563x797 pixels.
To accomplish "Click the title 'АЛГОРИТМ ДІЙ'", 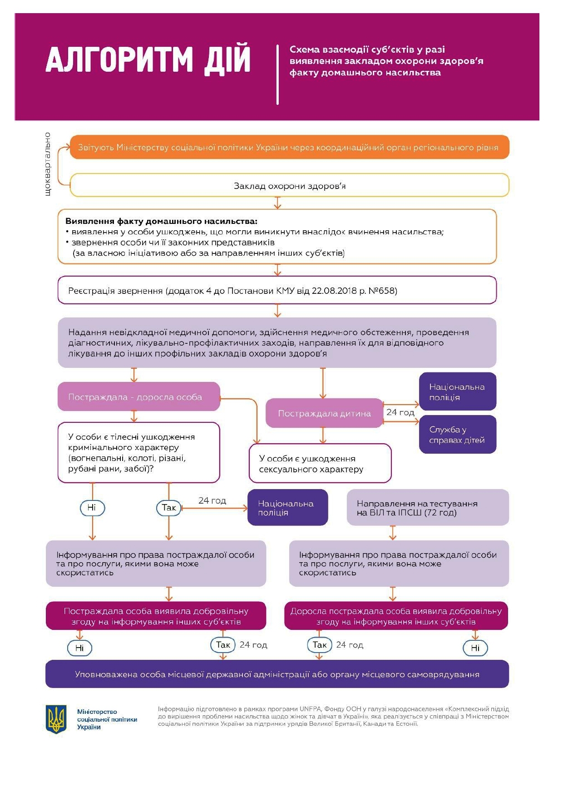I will click(148, 59).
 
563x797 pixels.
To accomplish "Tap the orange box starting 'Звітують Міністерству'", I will click(289, 147).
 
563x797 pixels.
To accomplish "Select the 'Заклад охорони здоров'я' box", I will click(289, 186).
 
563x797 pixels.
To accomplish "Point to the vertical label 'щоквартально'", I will click(48, 164).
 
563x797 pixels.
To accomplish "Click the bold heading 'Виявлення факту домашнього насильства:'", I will click(161, 221).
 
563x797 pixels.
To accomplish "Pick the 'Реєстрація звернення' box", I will click(277, 290).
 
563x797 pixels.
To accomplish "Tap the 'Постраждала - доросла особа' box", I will click(138, 396).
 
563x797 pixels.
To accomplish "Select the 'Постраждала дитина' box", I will click(324, 413).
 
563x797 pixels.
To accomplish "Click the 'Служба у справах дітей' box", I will click(457, 435).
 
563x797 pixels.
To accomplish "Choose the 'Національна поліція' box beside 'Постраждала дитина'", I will click(457, 391).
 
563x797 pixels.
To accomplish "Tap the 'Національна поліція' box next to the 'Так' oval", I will click(287, 508).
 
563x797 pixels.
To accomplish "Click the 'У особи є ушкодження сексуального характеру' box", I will click(320, 464).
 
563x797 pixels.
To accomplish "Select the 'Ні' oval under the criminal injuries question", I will click(92, 508).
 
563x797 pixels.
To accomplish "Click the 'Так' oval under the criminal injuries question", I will click(168, 508).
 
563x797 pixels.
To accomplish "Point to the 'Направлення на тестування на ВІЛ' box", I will click(427, 508).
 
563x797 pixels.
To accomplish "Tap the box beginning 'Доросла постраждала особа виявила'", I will click(396, 616).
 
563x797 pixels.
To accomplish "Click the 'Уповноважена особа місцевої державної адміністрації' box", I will click(277, 674).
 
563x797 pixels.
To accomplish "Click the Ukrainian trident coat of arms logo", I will click(57, 719).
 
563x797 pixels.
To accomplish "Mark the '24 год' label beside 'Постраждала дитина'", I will click(400, 412).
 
